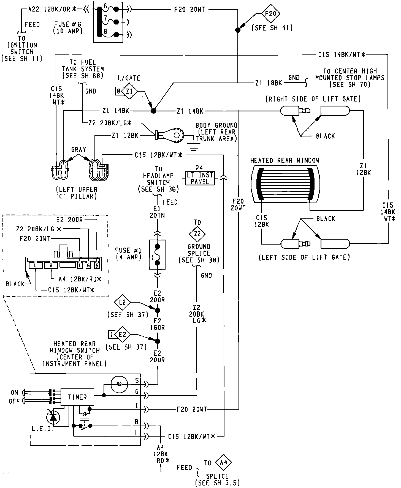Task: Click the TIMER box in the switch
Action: click(77, 397)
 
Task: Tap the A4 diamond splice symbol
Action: click(223, 463)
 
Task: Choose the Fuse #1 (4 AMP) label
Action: click(129, 254)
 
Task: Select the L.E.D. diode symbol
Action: click(53, 418)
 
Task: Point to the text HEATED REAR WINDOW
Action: click(285, 160)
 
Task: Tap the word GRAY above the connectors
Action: click(78, 150)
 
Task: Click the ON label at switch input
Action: click(14, 392)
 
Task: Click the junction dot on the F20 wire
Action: click(237, 30)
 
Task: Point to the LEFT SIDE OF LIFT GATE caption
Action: click(304, 257)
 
